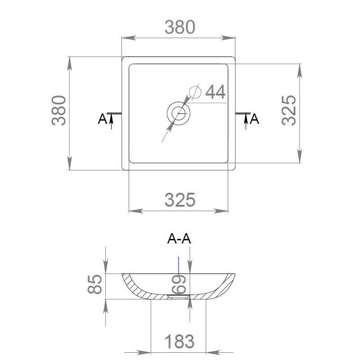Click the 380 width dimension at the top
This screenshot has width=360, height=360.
pos(180,27)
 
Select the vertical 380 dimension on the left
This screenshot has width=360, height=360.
pos(59,110)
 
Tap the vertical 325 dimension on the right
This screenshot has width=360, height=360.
pos(289,110)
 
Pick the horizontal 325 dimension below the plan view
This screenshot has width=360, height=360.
pos(180,200)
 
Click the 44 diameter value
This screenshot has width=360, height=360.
pos(216,92)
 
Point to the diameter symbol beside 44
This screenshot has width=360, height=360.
pos(195,92)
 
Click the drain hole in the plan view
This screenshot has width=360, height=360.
pos(178,113)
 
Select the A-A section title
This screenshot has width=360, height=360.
pos(179,238)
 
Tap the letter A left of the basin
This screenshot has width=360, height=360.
pos(103,119)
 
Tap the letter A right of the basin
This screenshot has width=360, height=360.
pos(254,119)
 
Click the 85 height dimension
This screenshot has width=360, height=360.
pos(94,284)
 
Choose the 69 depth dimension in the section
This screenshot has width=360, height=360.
pos(179,284)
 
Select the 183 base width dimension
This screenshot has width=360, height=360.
pos(180,342)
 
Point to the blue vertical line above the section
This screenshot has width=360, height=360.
pos(179,265)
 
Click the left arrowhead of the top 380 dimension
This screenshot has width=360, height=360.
pos(129,38)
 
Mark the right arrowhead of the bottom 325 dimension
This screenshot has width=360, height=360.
pos(221,211)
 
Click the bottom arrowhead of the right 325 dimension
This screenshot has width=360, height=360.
pos(300,156)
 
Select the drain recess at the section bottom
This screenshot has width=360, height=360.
pos(179,297)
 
